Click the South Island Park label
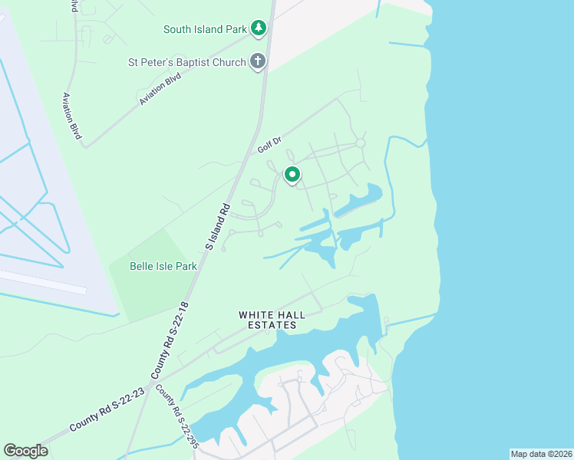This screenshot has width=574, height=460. coord(204,30)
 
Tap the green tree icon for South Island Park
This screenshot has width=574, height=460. coord(259,29)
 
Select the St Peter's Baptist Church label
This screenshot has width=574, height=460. coord(187,62)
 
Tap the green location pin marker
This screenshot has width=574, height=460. coord(292,176)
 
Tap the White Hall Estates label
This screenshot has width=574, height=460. coord(267,320)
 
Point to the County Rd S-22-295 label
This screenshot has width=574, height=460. coord(177,415)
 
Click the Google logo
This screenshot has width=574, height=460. coord(25,451)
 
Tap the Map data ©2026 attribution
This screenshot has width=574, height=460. coord(541,453)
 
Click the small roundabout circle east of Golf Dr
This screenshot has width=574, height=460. coord(360,143)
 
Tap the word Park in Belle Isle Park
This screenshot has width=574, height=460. coord(185,266)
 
